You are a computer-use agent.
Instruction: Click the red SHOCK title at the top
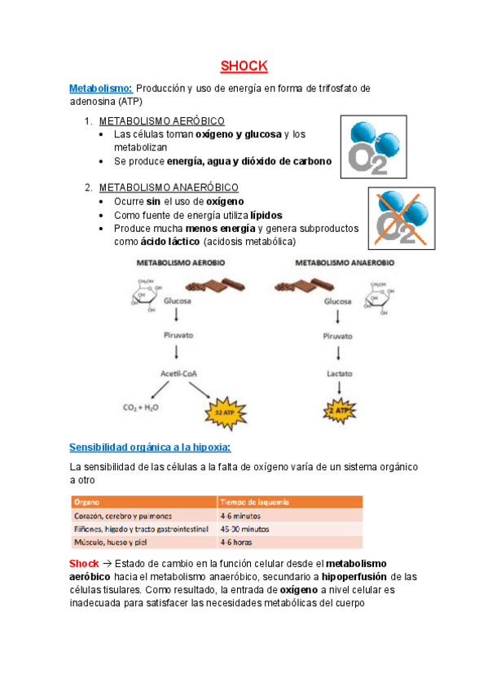(x=244, y=66)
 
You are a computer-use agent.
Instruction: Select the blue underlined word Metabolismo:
(x=100, y=88)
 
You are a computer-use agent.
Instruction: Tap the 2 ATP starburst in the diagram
(x=338, y=411)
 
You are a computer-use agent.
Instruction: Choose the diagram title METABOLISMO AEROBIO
(x=181, y=264)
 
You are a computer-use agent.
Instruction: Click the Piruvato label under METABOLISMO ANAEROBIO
(x=338, y=335)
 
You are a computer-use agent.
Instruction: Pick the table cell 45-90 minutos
(x=247, y=528)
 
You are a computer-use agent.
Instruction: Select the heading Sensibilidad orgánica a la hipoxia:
(x=150, y=448)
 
